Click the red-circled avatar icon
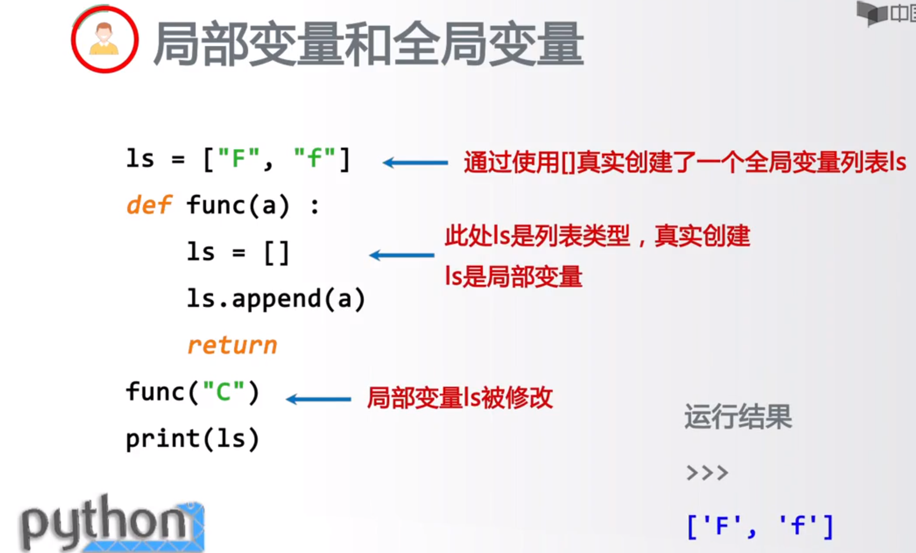[105, 40]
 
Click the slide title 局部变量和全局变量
[368, 44]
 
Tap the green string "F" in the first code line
[238, 158]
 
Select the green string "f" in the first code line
[315, 158]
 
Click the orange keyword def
[148, 205]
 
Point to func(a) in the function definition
[238, 205]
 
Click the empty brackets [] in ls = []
[277, 253]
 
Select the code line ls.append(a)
[276, 299]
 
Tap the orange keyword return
[232, 345]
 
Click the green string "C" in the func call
[223, 392]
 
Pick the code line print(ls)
[192, 439]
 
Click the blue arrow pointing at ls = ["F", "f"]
[415, 163]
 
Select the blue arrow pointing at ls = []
[402, 255]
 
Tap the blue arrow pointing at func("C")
[318, 400]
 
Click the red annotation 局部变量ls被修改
[459, 398]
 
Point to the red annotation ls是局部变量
[513, 276]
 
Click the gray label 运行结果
[738, 416]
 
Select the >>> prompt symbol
[707, 473]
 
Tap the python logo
[111, 523]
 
